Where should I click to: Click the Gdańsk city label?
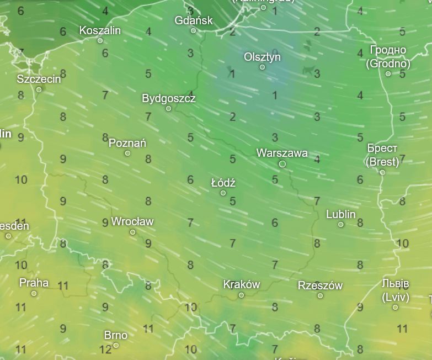click(x=194, y=20)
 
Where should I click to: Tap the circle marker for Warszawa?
click(x=282, y=164)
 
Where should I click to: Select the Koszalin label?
click(x=100, y=30)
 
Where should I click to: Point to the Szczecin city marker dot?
click(x=39, y=89)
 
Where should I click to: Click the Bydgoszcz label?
click(x=169, y=98)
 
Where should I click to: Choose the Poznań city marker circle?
click(x=127, y=153)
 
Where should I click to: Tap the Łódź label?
click(x=223, y=183)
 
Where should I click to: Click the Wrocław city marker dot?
click(x=132, y=232)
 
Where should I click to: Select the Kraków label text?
click(x=241, y=285)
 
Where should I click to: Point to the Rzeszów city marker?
click(x=320, y=295)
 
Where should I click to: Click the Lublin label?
click(x=341, y=214)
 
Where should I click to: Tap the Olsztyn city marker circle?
click(x=262, y=67)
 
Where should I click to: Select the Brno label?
click(x=116, y=335)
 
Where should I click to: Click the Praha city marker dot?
click(x=34, y=293)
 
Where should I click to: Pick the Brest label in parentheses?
click(x=382, y=162)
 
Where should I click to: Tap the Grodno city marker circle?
click(x=388, y=73)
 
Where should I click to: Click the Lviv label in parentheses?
click(x=395, y=297)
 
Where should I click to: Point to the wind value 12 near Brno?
click(x=105, y=349)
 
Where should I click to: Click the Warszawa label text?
click(x=282, y=153)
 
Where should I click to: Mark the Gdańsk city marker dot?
click(x=193, y=30)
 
